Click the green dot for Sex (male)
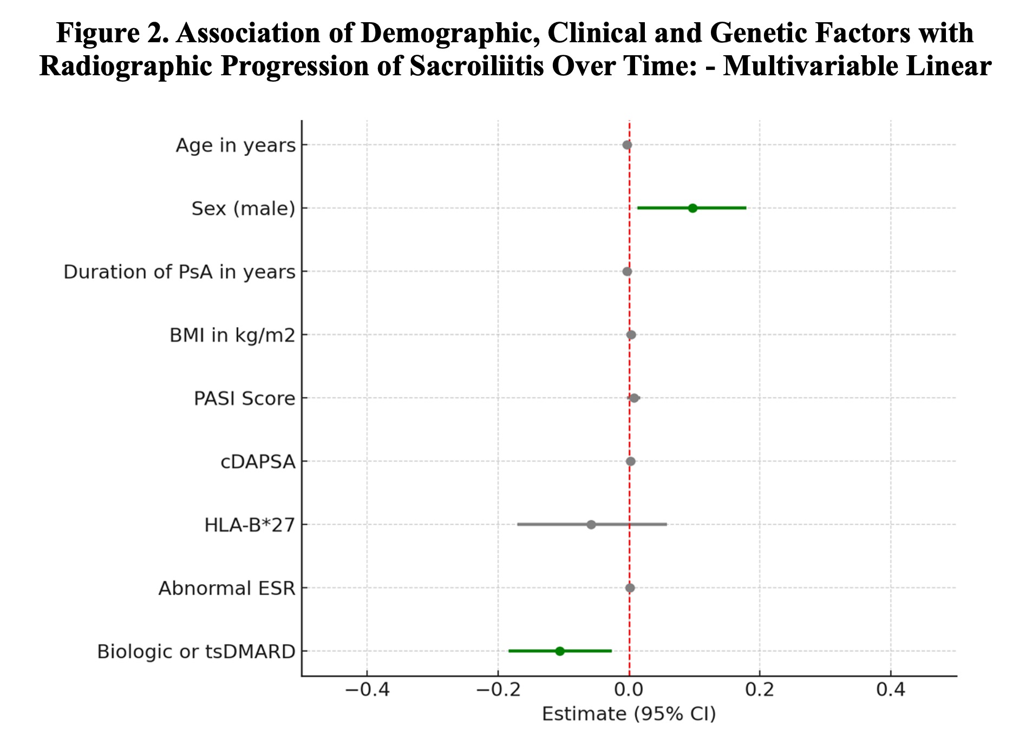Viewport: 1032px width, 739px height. click(x=693, y=208)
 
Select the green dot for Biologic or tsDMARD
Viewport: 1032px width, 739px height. click(x=560, y=651)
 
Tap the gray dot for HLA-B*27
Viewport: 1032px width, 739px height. click(x=591, y=525)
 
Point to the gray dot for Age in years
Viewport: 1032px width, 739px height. click(x=627, y=145)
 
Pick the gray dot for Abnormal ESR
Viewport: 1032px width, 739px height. click(x=630, y=588)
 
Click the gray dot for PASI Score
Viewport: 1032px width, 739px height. click(x=634, y=398)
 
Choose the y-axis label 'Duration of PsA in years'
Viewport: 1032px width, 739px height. click(x=179, y=272)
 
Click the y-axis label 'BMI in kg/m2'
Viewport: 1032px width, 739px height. click(x=232, y=335)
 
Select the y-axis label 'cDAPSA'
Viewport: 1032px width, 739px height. click(x=258, y=462)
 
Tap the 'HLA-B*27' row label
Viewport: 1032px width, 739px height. click(x=250, y=525)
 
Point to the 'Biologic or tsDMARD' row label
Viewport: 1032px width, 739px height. click(x=196, y=652)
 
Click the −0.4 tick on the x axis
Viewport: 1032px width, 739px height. click(x=367, y=690)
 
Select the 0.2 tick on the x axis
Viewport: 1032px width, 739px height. click(x=760, y=690)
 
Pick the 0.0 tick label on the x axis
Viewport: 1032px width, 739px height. click(x=629, y=690)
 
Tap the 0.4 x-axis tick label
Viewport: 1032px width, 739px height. click(x=891, y=690)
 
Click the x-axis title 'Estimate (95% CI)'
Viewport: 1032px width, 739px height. click(x=629, y=714)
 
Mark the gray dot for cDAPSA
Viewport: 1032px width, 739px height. click(x=630, y=461)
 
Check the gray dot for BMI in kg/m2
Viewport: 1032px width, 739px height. click(x=631, y=335)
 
